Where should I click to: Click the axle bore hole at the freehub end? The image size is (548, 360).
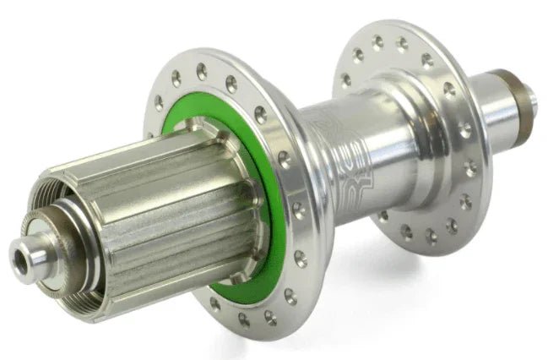(x=19, y=254)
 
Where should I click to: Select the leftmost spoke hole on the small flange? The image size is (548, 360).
(x=346, y=80)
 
